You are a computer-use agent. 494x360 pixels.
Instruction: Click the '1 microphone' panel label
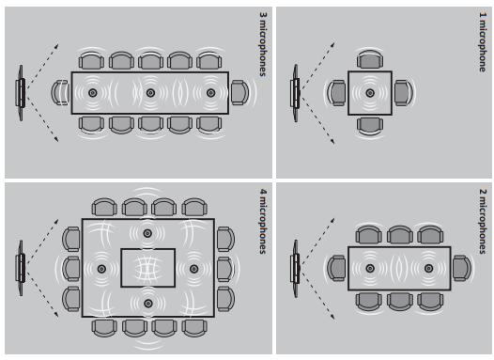pyautogui.click(x=483, y=42)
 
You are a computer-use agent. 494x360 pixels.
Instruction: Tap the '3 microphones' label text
pyautogui.click(x=263, y=44)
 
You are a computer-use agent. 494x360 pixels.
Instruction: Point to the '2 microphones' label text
pyautogui.click(x=483, y=221)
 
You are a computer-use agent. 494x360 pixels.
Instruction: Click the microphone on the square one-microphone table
pyautogui.click(x=370, y=93)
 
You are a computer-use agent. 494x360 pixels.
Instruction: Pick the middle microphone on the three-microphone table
pyautogui.click(x=150, y=93)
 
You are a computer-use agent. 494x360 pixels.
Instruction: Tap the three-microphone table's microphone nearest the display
pyautogui.click(x=93, y=93)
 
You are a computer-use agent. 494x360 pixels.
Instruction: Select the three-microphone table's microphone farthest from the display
pyautogui.click(x=210, y=93)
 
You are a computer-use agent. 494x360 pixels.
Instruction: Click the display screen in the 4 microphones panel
pyautogui.click(x=21, y=268)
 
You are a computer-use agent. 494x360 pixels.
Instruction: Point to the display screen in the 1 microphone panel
pyautogui.click(x=296, y=93)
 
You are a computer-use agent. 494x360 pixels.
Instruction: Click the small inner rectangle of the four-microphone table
pyautogui.click(x=148, y=268)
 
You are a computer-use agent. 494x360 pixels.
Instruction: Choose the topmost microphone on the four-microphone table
pyautogui.click(x=147, y=234)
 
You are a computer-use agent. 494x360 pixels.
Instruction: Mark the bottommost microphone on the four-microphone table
pyautogui.click(x=148, y=304)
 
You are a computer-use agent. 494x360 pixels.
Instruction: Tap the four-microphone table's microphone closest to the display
pyautogui.click(x=101, y=269)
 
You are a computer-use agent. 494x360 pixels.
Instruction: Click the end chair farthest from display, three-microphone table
pyautogui.click(x=240, y=93)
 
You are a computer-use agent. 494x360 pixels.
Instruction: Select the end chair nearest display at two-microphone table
pyautogui.click(x=336, y=268)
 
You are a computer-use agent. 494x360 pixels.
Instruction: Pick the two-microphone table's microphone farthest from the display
pyautogui.click(x=428, y=268)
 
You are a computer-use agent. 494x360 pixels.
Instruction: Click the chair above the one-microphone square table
pyautogui.click(x=370, y=59)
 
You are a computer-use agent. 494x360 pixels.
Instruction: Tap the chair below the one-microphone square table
pyautogui.click(x=370, y=126)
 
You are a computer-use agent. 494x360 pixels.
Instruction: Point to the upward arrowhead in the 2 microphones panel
pyautogui.click(x=332, y=219)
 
